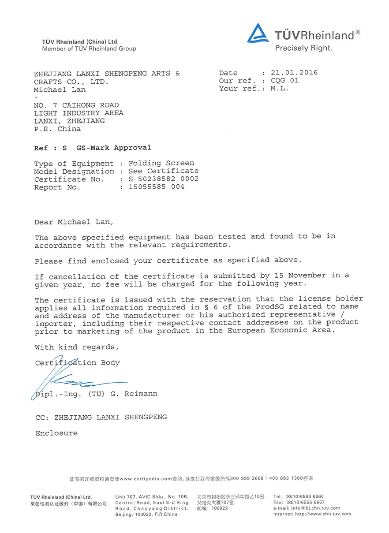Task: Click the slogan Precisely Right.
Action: click(x=303, y=48)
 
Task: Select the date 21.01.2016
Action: click(x=294, y=73)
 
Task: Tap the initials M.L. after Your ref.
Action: click(x=280, y=89)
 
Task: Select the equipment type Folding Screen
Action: click(x=161, y=163)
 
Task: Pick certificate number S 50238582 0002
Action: click(x=164, y=179)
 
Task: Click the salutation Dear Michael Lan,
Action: click(x=74, y=222)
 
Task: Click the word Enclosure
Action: click(x=56, y=433)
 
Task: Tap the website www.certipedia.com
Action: click(x=145, y=478)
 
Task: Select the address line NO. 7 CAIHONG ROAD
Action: click(x=76, y=105)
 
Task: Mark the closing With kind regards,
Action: click(x=77, y=347)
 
